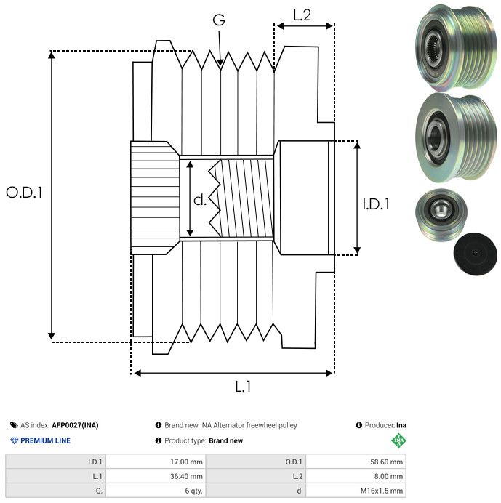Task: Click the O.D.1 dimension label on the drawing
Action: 25,193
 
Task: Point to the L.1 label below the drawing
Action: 243,387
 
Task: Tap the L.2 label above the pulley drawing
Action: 302,15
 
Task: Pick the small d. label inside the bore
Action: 200,200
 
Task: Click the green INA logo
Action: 398,440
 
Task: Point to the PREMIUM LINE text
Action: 46,440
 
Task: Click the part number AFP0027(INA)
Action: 76,425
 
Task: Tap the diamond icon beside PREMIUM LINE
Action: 14,440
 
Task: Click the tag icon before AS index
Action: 14,425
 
